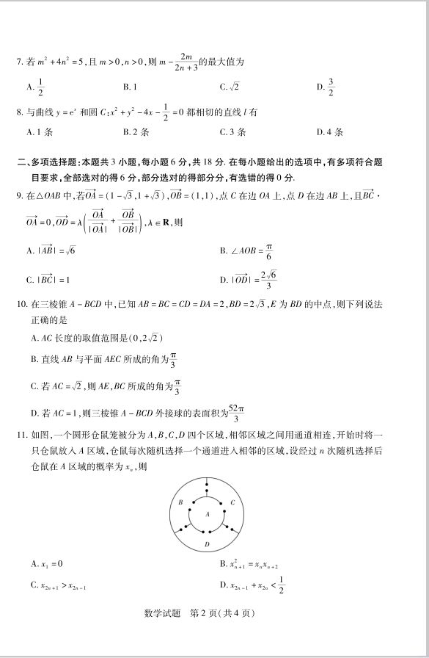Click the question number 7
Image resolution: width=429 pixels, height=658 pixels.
coord(20,62)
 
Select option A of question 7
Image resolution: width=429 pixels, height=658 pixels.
coord(35,87)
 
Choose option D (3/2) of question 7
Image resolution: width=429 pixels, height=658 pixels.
coord(326,87)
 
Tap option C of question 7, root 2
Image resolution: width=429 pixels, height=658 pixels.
coord(230,87)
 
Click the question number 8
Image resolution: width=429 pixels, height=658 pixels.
coord(20,113)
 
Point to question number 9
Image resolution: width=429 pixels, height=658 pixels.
coord(20,196)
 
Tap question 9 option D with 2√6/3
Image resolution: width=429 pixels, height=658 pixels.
coord(249,279)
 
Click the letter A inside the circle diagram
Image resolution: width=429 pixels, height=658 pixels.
coord(208,514)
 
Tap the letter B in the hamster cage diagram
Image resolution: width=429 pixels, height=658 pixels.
coord(180,502)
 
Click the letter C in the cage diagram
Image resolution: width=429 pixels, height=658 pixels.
coord(232,502)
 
